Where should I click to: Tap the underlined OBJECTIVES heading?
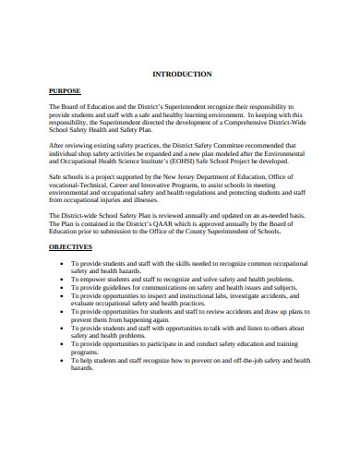[x=70, y=248]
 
